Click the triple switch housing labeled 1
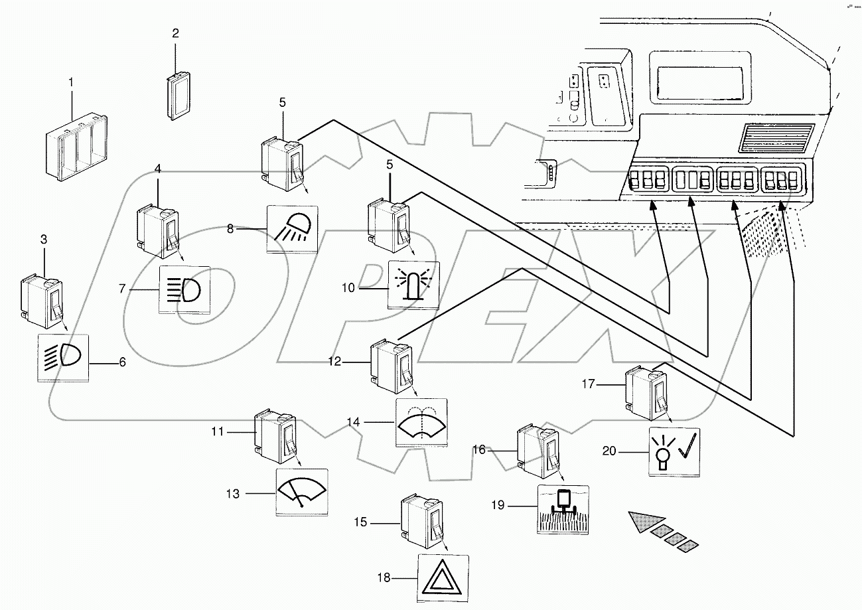click(75, 150)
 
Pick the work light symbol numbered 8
click(292, 229)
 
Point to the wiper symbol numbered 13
click(301, 492)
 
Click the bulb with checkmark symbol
click(674, 453)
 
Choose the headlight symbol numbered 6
click(63, 358)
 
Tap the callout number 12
click(334, 362)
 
